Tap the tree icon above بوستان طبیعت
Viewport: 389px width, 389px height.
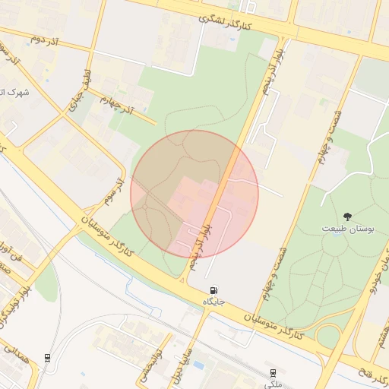click(348, 217)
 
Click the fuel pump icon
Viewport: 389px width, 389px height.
click(214, 290)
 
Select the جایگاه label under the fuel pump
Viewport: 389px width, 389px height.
click(214, 302)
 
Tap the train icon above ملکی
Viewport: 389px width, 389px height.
click(273, 372)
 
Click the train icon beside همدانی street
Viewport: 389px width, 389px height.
click(49, 358)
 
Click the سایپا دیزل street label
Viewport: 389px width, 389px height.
click(185, 365)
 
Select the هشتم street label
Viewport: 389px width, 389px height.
click(381, 335)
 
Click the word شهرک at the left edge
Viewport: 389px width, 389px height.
click(15, 92)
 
